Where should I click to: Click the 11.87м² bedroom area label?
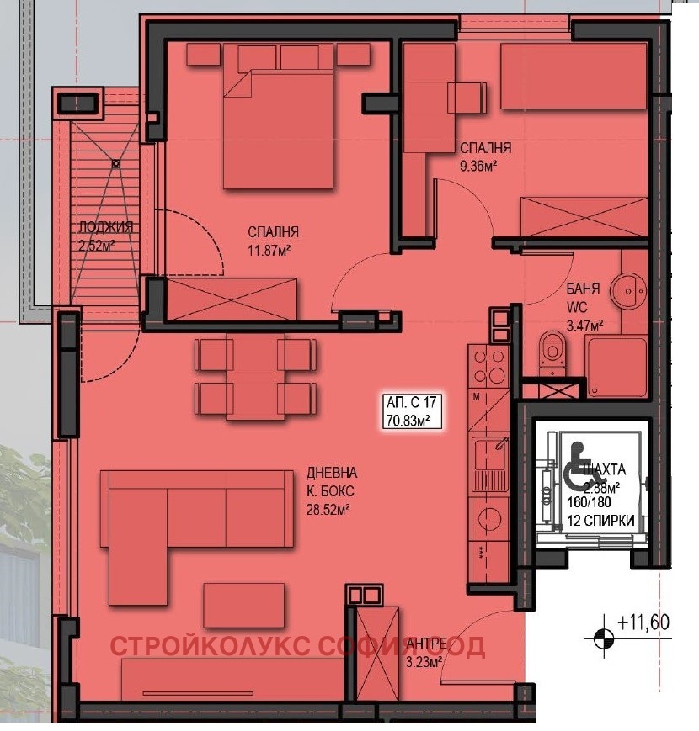tap(269, 250)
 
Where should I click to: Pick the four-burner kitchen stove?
tap(487, 366)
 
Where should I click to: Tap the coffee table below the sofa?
tap(243, 604)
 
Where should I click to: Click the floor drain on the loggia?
tap(115, 165)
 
